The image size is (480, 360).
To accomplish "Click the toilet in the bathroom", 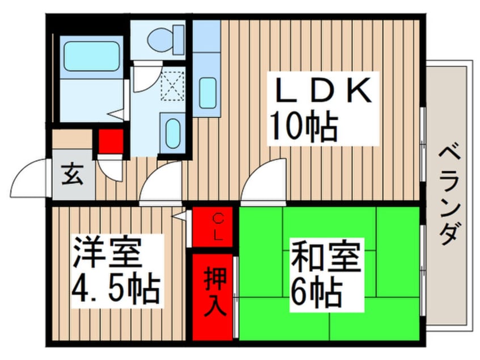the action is pyautogui.click(x=166, y=39).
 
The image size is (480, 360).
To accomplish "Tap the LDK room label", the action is pyautogui.click(x=323, y=90).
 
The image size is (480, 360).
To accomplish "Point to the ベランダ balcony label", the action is pyautogui.click(x=450, y=195).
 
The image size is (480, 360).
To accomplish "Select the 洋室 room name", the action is pyautogui.click(x=107, y=253).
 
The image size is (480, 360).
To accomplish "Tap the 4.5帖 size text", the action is pyautogui.click(x=116, y=289).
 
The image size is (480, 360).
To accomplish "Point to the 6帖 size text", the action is pyautogui.click(x=317, y=293).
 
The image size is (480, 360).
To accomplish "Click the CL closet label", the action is pyautogui.click(x=218, y=227).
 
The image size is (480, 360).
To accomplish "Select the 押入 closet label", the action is pyautogui.click(x=215, y=291).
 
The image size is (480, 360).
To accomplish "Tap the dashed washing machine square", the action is pyautogui.click(x=173, y=86).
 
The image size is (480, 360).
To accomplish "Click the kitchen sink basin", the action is pyautogui.click(x=208, y=93).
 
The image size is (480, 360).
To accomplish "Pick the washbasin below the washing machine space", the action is pyautogui.click(x=173, y=133).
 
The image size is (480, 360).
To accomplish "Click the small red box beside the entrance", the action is pyautogui.click(x=111, y=141).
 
